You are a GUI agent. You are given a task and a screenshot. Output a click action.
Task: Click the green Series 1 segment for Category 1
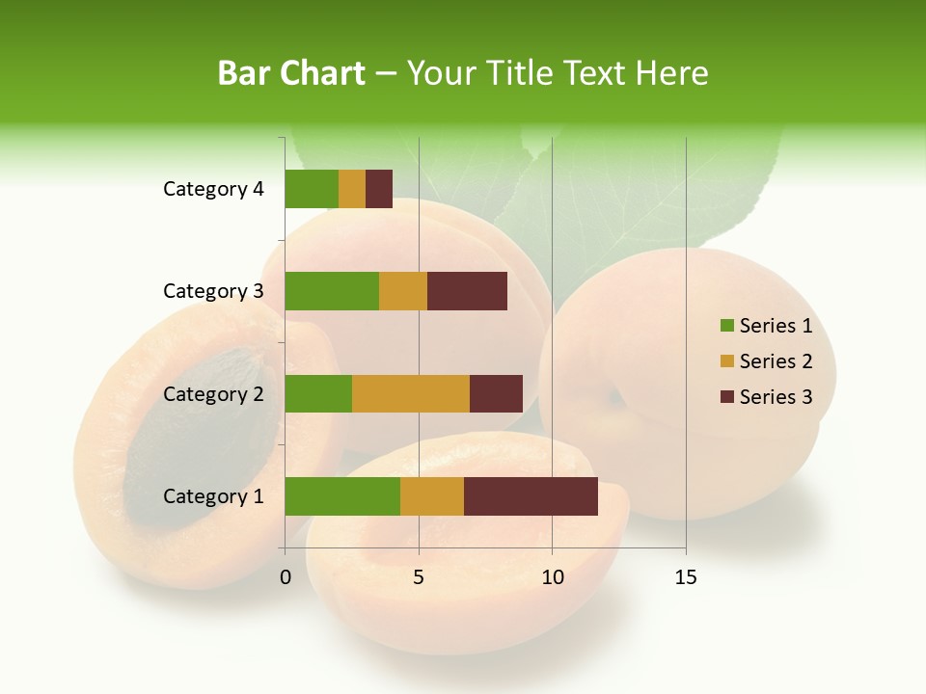click(342, 496)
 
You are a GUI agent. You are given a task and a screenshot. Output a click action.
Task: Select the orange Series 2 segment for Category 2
click(411, 393)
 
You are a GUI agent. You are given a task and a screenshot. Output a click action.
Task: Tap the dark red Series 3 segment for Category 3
click(467, 291)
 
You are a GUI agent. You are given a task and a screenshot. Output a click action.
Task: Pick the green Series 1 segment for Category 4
click(312, 189)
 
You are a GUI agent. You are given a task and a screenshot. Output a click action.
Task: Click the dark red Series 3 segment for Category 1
click(531, 496)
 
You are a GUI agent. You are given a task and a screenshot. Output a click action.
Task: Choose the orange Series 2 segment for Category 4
click(352, 189)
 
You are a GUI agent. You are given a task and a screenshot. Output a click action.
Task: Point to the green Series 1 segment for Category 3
click(332, 291)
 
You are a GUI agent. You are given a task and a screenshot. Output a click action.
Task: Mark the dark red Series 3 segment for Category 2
click(496, 393)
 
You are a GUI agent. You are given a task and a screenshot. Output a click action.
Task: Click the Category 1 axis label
click(212, 496)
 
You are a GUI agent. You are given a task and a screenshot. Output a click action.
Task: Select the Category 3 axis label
click(212, 291)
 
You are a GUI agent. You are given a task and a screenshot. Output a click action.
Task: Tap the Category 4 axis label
click(212, 189)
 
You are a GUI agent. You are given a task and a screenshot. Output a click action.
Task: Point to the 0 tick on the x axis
click(286, 577)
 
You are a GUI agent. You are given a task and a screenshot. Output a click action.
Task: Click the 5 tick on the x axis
click(419, 577)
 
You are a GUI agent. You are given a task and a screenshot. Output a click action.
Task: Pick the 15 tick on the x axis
click(686, 577)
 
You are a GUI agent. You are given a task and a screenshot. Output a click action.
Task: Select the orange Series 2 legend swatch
click(726, 361)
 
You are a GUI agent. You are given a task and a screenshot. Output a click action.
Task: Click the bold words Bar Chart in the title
click(291, 73)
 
